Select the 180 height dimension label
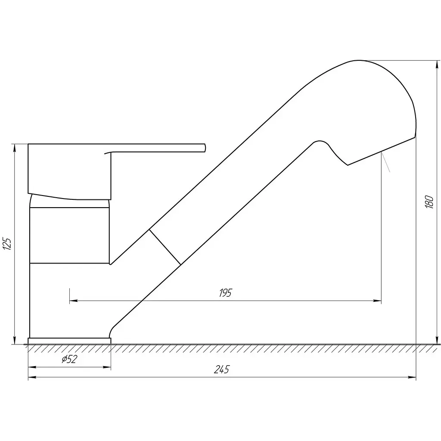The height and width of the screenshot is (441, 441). pyautogui.click(x=429, y=202)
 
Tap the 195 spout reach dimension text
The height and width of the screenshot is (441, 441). pyautogui.click(x=225, y=293)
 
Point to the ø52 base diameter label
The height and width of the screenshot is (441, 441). pyautogui.click(x=69, y=359)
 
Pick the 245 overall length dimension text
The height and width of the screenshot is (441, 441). pyautogui.click(x=222, y=369)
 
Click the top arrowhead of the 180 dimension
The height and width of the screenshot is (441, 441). pyautogui.click(x=437, y=64)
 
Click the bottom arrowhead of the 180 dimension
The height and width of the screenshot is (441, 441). pyautogui.click(x=437, y=340)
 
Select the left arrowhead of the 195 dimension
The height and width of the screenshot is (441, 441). pyautogui.click(x=73, y=301)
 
